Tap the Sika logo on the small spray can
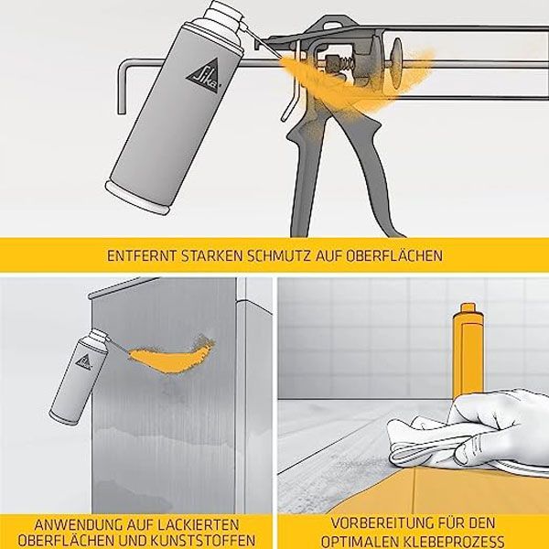pyautogui.click(x=84, y=361)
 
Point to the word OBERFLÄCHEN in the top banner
pyautogui.click(x=394, y=255)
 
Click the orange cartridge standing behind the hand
pyautogui.click(x=468, y=350)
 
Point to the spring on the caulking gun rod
pyautogui.click(x=346, y=63)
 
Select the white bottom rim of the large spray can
pyautogui.click(x=137, y=197)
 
